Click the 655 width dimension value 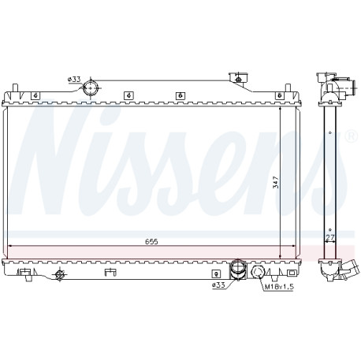pyautogui.click(x=151, y=241)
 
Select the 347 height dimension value pyautogui.click(x=276, y=182)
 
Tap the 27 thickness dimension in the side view pyautogui.click(x=330, y=237)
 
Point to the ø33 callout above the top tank pyautogui.click(x=74, y=79)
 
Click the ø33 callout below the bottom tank pyautogui.click(x=218, y=285)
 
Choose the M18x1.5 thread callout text pyautogui.click(x=278, y=287)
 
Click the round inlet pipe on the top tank pyautogui.click(x=90, y=88)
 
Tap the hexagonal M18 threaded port pyautogui.click(x=258, y=272)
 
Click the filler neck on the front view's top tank pyautogui.click(x=239, y=78)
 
